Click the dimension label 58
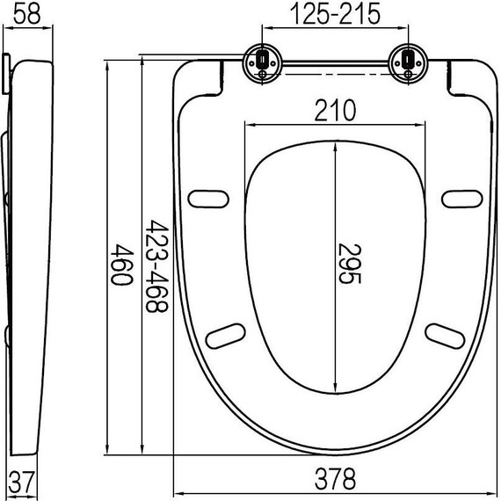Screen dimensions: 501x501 pos(25,14)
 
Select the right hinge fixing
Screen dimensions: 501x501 pos(410,62)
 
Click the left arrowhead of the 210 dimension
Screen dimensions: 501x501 pos(244,125)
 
